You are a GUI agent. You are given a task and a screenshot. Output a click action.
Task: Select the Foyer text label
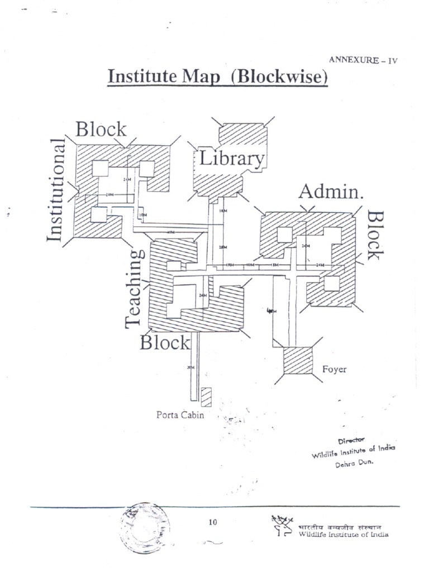click(335, 369)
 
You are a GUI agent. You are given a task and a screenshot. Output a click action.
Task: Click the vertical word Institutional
click(56, 190)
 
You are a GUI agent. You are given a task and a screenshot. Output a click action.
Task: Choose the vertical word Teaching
click(134, 288)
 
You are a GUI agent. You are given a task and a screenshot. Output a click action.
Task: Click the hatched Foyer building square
click(298, 361)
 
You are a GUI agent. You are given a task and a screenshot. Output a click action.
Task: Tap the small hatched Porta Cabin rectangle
click(207, 397)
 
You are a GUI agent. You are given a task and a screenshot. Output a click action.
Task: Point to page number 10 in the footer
click(212, 522)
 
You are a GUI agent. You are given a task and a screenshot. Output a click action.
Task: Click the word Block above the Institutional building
click(101, 129)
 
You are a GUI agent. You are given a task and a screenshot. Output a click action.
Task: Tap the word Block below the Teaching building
click(165, 342)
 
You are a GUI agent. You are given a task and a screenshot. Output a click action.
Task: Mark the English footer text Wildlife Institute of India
click(344, 534)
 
